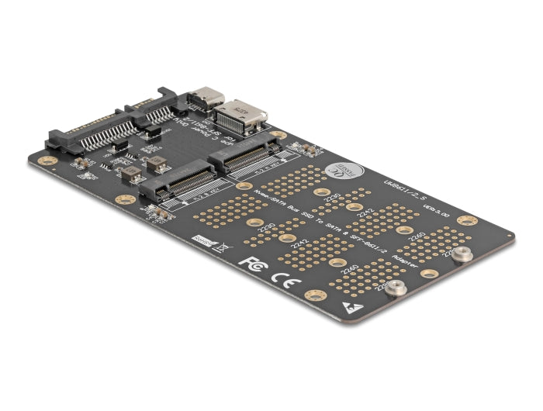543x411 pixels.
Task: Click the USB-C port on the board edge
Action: coord(205,98)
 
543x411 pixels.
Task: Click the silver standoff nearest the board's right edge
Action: coord(462,255)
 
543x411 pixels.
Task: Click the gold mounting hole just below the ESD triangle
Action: coord(313,296)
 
